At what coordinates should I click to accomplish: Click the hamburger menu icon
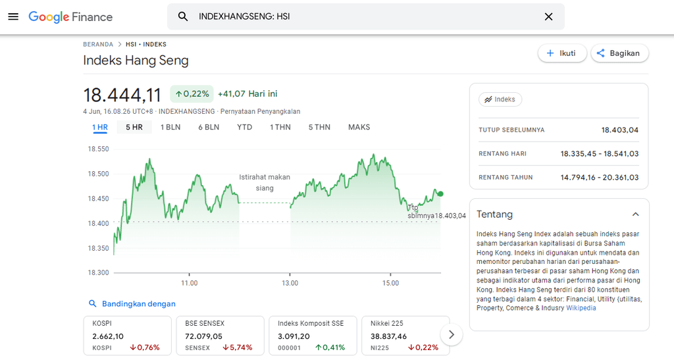[13, 16]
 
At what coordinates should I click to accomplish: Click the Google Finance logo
[70, 17]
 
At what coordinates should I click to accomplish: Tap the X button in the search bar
[548, 16]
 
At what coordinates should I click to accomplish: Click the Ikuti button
[561, 53]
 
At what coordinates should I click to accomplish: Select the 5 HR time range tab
[134, 127]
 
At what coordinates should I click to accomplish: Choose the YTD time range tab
[244, 127]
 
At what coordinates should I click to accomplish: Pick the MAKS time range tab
[359, 127]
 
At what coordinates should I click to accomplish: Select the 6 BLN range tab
[209, 127]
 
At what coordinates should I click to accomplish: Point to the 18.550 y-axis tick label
[98, 149]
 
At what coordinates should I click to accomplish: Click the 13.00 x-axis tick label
[290, 283]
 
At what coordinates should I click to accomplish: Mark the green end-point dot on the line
[440, 193]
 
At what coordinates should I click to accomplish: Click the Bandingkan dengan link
[138, 304]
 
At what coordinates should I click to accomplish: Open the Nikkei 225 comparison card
[405, 335]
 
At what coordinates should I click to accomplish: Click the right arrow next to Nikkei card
[451, 334]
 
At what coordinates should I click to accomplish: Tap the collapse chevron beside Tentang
[635, 215]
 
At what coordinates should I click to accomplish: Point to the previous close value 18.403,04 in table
[619, 130]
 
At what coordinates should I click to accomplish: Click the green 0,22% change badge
[192, 94]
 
